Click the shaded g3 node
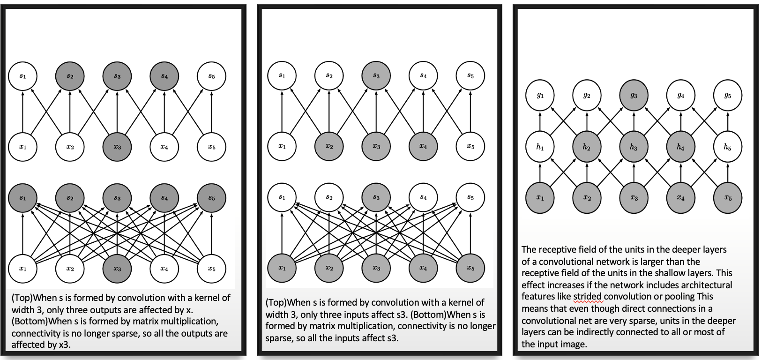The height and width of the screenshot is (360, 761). point(634,96)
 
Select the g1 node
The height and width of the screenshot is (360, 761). point(540,96)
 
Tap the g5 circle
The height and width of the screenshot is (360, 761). point(727,96)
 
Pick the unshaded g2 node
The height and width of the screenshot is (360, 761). point(587,96)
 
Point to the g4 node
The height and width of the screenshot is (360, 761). point(680,96)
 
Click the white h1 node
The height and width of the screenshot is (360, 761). point(540,147)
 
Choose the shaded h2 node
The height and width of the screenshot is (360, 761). point(587,147)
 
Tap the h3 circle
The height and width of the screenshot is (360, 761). point(634,147)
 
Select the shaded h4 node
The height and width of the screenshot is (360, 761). point(680,147)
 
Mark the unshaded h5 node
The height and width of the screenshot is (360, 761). point(727,147)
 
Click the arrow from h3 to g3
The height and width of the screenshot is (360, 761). point(634,121)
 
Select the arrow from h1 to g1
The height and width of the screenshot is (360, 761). point(540,121)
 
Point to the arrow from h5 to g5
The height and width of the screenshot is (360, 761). point(727,121)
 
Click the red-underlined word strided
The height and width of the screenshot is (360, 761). point(587,297)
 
